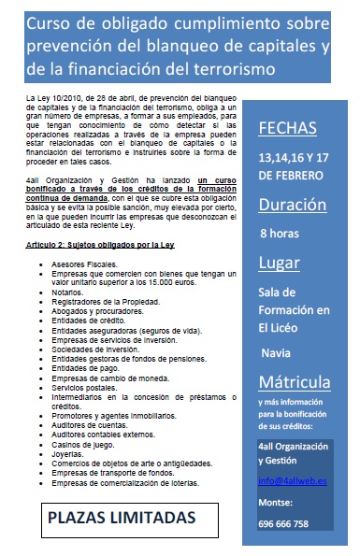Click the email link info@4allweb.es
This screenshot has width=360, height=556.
294,481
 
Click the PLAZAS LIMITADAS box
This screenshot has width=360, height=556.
122,517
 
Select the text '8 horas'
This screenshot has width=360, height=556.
280,233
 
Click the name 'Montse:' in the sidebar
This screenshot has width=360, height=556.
277,504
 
